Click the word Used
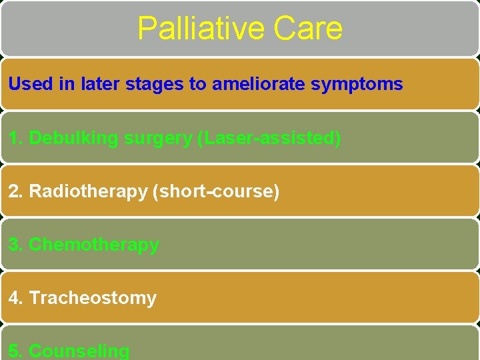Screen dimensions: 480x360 (27, 85)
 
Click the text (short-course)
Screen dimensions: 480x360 (216, 191)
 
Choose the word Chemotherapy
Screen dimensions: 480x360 (94, 245)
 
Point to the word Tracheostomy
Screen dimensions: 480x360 (93, 298)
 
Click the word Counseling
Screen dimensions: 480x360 (79, 351)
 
